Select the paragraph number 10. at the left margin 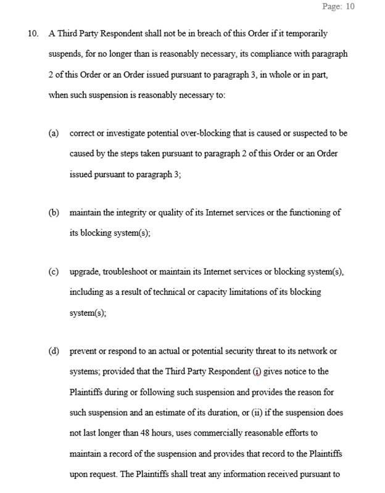tap(33, 33)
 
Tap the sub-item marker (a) tap(54, 133)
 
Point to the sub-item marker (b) tap(54, 213)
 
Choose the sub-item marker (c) tap(54, 272)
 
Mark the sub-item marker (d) tap(54, 352)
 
